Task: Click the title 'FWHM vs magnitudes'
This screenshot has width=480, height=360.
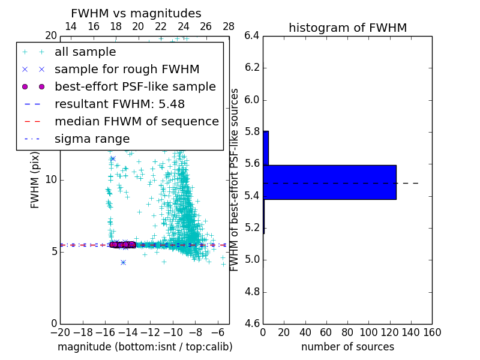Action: click(136, 13)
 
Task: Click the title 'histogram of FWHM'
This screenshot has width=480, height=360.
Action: click(347, 28)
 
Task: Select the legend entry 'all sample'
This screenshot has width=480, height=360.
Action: click(85, 52)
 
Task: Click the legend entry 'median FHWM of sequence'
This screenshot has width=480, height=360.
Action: click(136, 121)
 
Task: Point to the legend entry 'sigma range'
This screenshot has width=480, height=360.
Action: click(92, 139)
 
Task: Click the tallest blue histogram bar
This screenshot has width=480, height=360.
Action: click(329, 182)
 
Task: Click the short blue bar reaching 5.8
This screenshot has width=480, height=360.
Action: click(266, 148)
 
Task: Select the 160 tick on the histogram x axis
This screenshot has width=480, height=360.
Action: click(432, 331)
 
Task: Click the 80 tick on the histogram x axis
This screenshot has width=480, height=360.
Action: click(347, 331)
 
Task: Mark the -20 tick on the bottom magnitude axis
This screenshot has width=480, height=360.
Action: click(60, 331)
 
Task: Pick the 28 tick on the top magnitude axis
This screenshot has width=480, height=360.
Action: click(229, 26)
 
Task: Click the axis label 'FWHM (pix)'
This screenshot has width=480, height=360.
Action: click(35, 180)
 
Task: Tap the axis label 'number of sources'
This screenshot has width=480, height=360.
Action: click(347, 347)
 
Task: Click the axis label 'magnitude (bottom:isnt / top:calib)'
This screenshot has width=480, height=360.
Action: click(145, 347)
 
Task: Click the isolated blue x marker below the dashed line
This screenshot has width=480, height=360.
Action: click(123, 262)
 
